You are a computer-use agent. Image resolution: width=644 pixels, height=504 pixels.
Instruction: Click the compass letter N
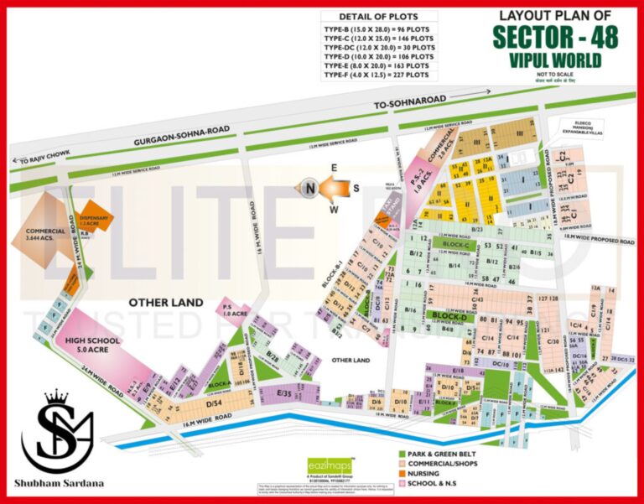(309, 189)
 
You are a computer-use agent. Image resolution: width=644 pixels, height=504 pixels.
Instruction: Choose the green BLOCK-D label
(449, 316)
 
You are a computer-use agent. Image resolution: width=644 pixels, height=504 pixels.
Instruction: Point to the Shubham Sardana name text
(58, 483)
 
